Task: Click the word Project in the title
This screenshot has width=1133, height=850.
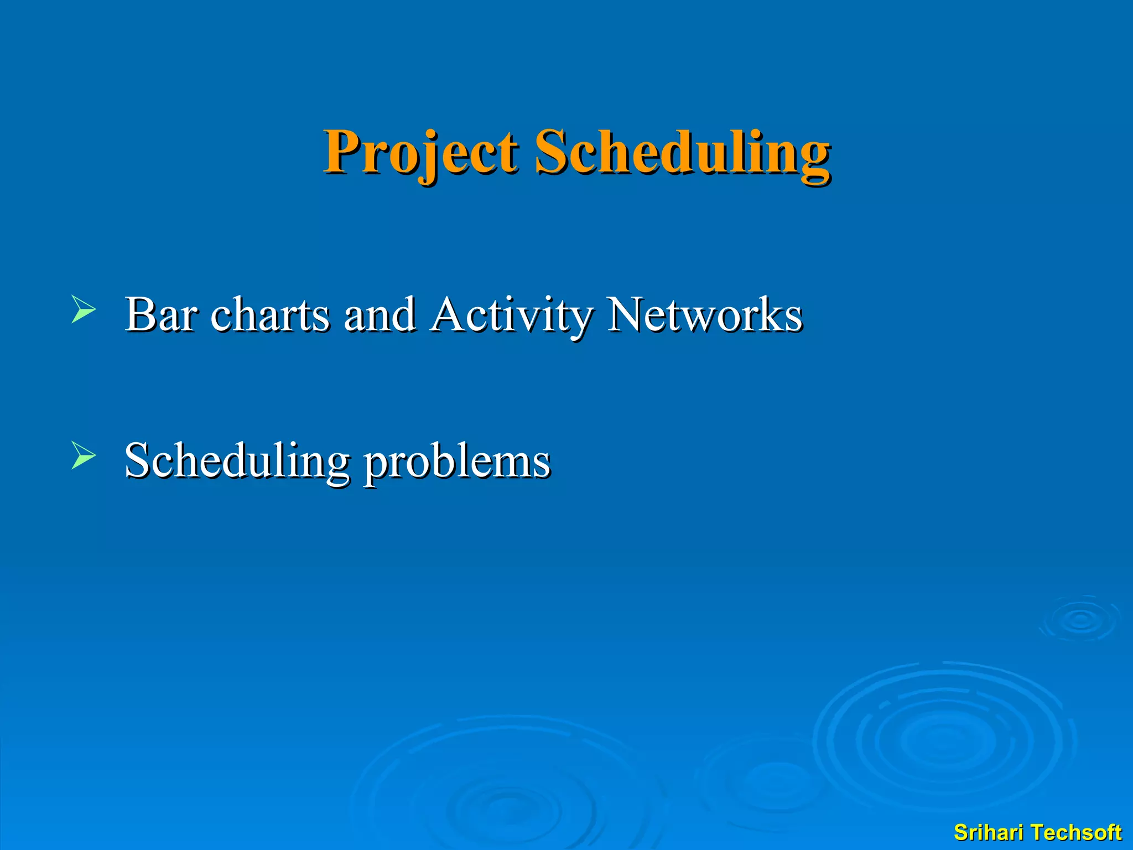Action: tap(420, 152)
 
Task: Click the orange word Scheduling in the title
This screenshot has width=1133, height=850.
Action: tap(682, 152)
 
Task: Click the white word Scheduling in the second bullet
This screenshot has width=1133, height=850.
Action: tap(237, 461)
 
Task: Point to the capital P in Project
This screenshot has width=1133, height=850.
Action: tap(342, 151)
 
